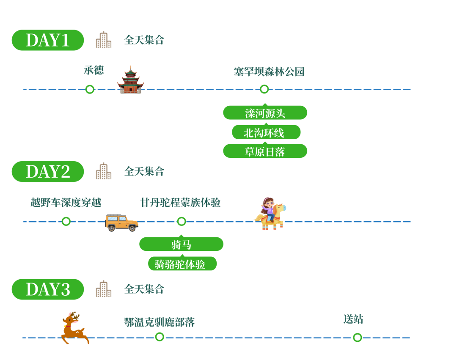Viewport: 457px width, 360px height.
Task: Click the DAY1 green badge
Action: [x=48, y=40]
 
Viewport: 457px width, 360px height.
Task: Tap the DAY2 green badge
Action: [x=48, y=172]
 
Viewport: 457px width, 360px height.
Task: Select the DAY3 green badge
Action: [x=48, y=289]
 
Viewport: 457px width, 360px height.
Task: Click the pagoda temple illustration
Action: [x=131, y=80]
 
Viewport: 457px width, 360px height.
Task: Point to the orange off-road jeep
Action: [x=121, y=223]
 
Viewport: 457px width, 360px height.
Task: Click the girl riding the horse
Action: [x=270, y=214]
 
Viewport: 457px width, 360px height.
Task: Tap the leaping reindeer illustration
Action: [x=75, y=328]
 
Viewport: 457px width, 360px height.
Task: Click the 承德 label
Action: [x=94, y=70]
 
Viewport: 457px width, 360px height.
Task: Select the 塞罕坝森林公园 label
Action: [x=269, y=71]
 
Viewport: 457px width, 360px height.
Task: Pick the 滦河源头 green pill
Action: [x=265, y=113]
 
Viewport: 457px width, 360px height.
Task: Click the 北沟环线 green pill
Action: [x=266, y=132]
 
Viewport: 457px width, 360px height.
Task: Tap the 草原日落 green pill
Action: [x=265, y=151]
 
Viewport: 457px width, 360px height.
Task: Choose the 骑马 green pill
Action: [x=181, y=244]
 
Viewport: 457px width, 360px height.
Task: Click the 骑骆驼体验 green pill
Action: [x=182, y=264]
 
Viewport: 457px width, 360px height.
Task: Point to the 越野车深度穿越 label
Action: [x=66, y=203]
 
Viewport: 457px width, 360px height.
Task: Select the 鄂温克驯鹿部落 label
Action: [x=160, y=322]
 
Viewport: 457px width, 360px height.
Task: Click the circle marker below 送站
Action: [x=357, y=338]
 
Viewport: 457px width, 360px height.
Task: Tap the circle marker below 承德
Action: [x=90, y=89]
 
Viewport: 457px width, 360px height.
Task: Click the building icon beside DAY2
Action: [x=104, y=171]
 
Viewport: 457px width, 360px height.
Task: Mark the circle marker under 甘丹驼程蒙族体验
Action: [x=182, y=221]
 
